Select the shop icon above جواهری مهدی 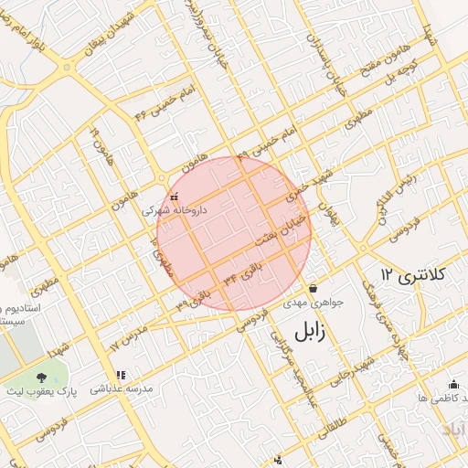313,288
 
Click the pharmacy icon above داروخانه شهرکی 174,197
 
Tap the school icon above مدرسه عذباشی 120,375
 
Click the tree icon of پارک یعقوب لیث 41,377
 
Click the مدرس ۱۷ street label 127,336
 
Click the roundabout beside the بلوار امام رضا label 67,67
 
